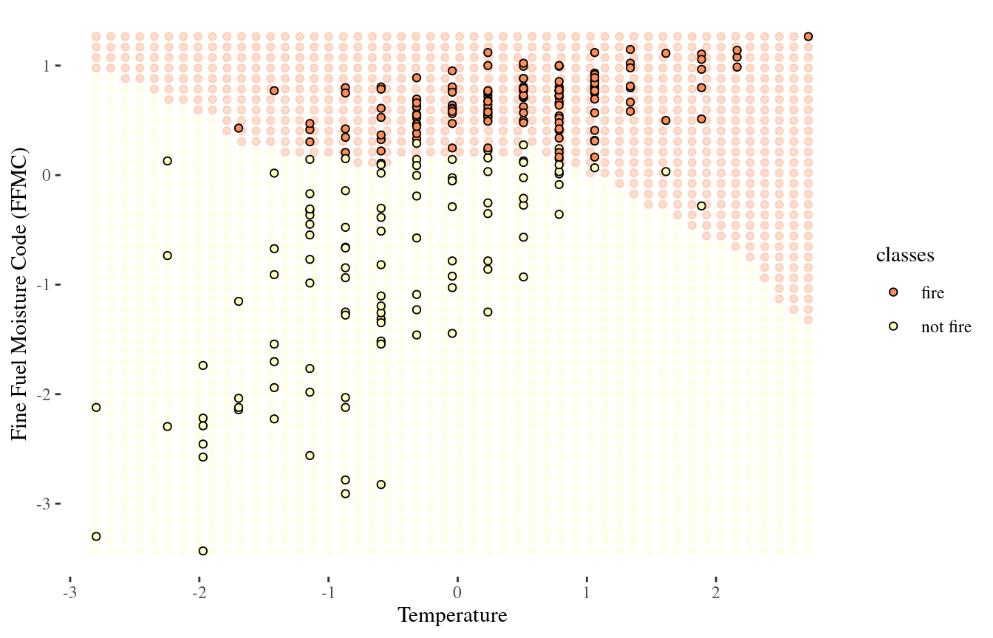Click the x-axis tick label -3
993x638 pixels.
(x=70, y=594)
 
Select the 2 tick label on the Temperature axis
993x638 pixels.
(x=715, y=594)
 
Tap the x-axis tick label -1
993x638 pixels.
(x=328, y=594)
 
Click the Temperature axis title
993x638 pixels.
(x=452, y=616)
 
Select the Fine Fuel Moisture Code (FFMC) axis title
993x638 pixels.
(x=21, y=294)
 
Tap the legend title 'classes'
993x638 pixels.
(x=905, y=255)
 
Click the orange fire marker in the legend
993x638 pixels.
(x=894, y=292)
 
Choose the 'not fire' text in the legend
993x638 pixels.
(x=946, y=327)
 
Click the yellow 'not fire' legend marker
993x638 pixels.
(x=894, y=327)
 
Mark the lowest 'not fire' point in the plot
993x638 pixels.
(x=202, y=551)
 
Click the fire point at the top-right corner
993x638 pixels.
(x=808, y=36)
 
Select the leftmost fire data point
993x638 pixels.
(x=239, y=128)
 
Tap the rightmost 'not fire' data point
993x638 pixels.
(x=701, y=206)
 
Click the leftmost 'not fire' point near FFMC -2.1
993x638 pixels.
(x=95, y=408)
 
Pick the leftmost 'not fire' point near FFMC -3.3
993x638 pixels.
(x=95, y=536)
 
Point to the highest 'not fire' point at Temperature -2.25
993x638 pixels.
(x=168, y=161)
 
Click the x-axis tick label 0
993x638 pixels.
(x=457, y=594)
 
